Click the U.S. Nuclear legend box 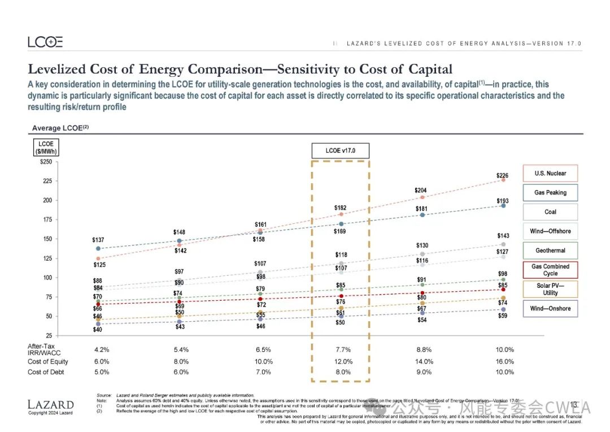550,174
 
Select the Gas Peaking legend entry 550,193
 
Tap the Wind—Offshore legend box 550,231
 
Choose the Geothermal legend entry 550,250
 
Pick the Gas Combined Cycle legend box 550,270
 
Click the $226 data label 502,176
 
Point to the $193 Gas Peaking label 502,201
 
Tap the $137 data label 98,240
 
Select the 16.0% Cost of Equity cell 504,361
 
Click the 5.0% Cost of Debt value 102,372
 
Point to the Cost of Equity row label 48,361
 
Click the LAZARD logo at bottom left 50,405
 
